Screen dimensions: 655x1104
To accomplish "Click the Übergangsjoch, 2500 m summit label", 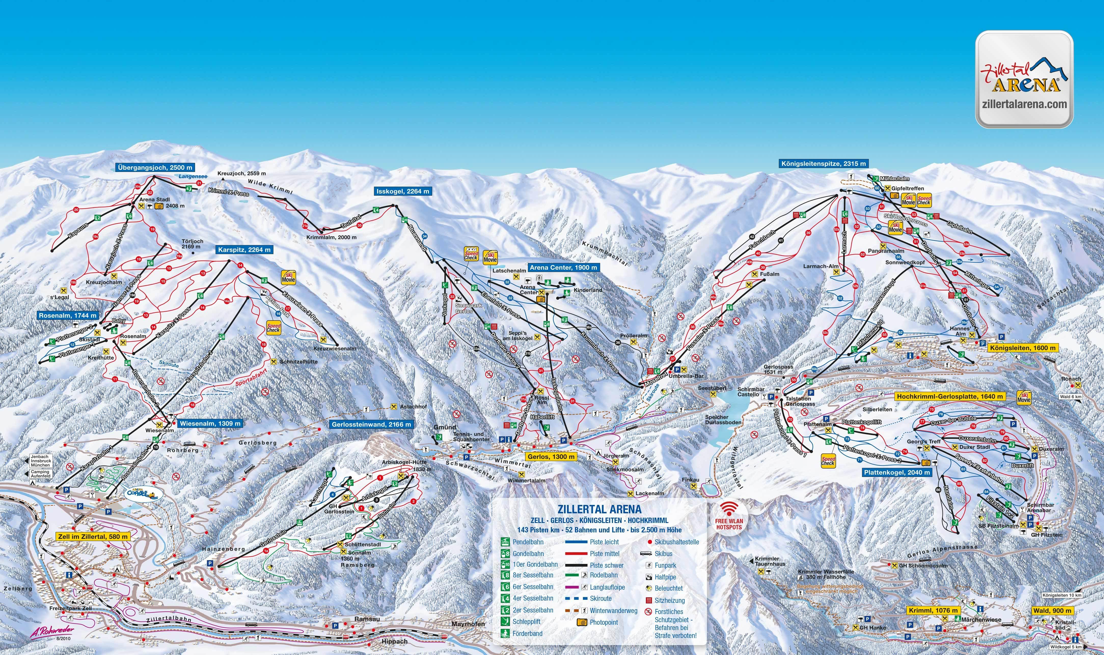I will click(155, 168).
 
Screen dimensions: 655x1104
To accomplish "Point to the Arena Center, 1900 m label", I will click(563, 268).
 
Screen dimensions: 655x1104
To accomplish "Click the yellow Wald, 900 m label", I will click(1052, 610).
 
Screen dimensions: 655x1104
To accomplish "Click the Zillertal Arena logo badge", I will click(1024, 79).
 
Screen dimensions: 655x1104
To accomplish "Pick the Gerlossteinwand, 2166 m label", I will click(371, 425).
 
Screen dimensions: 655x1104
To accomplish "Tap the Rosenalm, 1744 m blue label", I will click(67, 316).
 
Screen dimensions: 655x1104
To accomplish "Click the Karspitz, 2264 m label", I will click(244, 250).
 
